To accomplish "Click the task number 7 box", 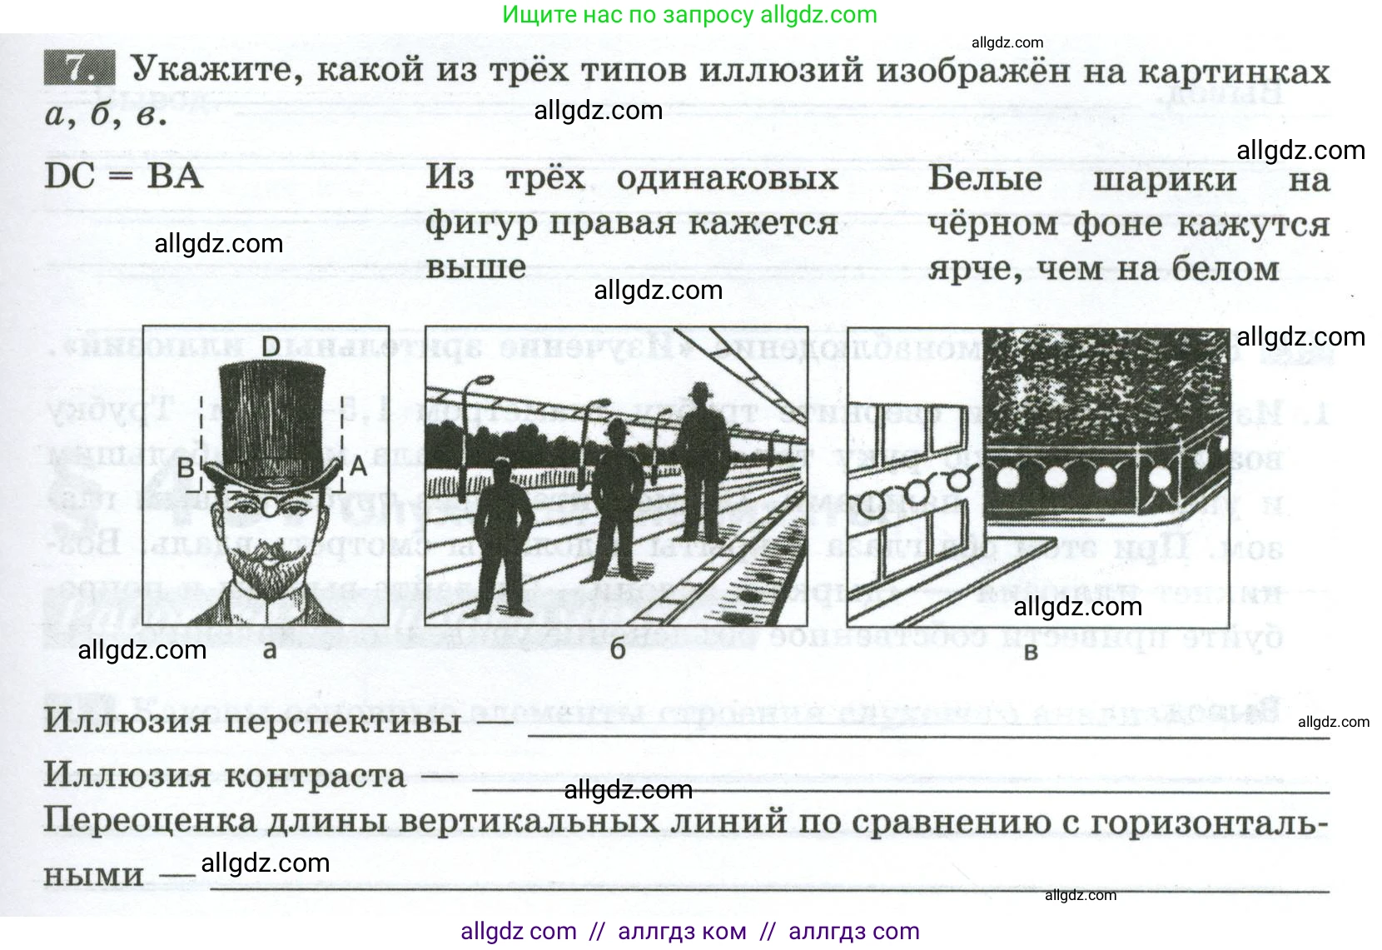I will click(x=79, y=67).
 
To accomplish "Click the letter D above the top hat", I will click(x=271, y=346).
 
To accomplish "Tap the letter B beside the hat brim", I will click(x=186, y=468).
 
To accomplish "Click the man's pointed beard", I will click(x=265, y=574).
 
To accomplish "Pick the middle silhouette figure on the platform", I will click(x=618, y=500).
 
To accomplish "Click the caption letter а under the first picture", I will click(x=269, y=650).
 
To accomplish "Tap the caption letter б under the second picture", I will click(x=617, y=650).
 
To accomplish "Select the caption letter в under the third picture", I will click(x=1031, y=652).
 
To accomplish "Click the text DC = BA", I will click(x=123, y=177).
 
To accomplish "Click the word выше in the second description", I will click(x=475, y=267).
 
